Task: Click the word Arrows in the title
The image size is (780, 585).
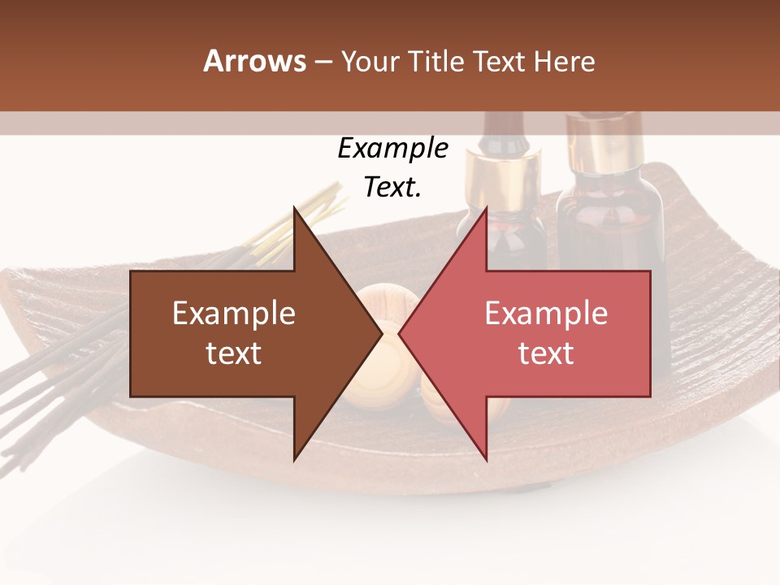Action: tap(254, 62)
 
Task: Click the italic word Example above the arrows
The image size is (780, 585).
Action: tap(392, 149)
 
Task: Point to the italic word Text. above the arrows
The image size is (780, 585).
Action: tap(392, 188)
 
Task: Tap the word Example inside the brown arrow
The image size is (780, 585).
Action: tap(234, 314)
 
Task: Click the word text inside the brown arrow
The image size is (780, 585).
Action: tap(234, 353)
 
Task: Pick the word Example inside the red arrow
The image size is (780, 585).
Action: tap(546, 314)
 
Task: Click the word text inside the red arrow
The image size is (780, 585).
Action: tap(546, 353)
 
